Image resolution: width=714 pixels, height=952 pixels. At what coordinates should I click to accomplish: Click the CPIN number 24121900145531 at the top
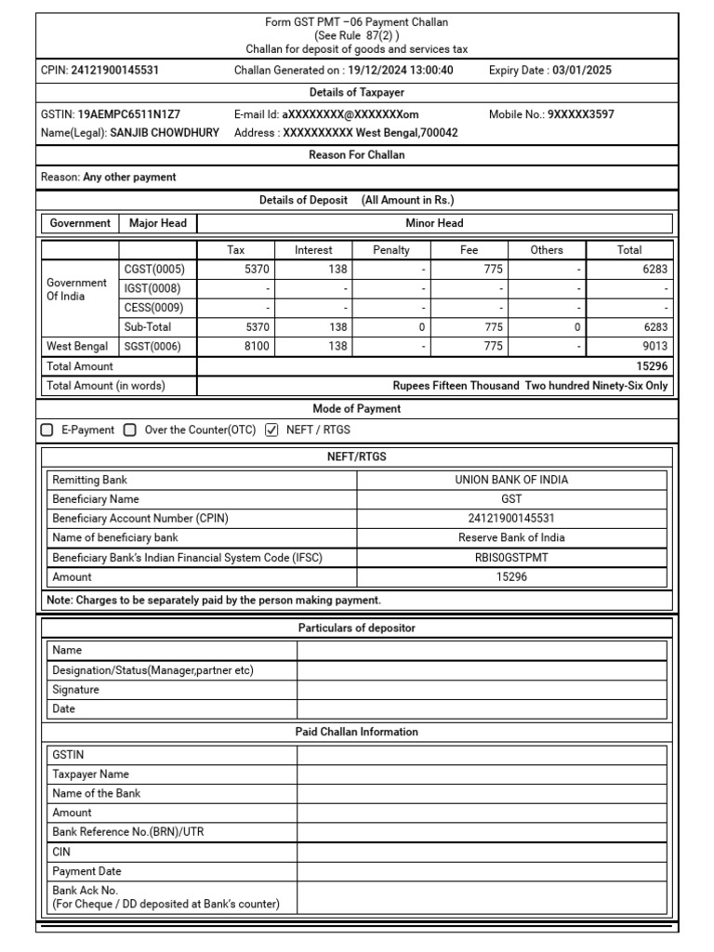[x=114, y=71]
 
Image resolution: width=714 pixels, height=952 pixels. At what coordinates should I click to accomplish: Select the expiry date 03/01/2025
[x=582, y=71]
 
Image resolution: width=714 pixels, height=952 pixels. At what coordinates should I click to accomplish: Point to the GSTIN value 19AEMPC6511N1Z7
[x=129, y=114]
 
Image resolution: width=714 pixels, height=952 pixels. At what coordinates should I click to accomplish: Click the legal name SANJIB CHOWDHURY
[x=165, y=133]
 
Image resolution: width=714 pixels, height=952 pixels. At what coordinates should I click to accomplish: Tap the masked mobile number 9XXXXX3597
[x=580, y=114]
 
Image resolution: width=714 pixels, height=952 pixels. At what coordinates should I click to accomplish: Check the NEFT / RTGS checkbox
[x=271, y=430]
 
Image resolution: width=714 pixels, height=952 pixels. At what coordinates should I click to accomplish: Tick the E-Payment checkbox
[x=47, y=430]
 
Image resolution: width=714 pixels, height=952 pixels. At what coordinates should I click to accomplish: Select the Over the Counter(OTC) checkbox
[x=130, y=430]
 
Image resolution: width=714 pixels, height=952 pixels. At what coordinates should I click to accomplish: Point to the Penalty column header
[x=391, y=250]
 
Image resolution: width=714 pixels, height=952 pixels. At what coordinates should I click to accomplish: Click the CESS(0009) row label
[x=153, y=308]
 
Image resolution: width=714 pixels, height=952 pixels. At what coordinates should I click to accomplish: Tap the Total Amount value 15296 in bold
[x=651, y=366]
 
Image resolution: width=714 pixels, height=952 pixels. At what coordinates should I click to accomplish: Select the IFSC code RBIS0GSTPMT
[x=511, y=558]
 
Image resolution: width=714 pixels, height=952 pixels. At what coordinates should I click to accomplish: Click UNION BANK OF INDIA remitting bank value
[x=511, y=480]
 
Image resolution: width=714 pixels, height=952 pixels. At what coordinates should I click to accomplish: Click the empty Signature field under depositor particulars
[x=482, y=690]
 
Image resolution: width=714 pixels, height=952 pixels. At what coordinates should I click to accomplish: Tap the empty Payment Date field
[x=482, y=871]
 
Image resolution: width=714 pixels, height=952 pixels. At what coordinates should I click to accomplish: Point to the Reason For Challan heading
[x=356, y=155]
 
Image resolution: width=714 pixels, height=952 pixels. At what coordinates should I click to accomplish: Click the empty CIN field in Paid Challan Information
[x=482, y=852]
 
